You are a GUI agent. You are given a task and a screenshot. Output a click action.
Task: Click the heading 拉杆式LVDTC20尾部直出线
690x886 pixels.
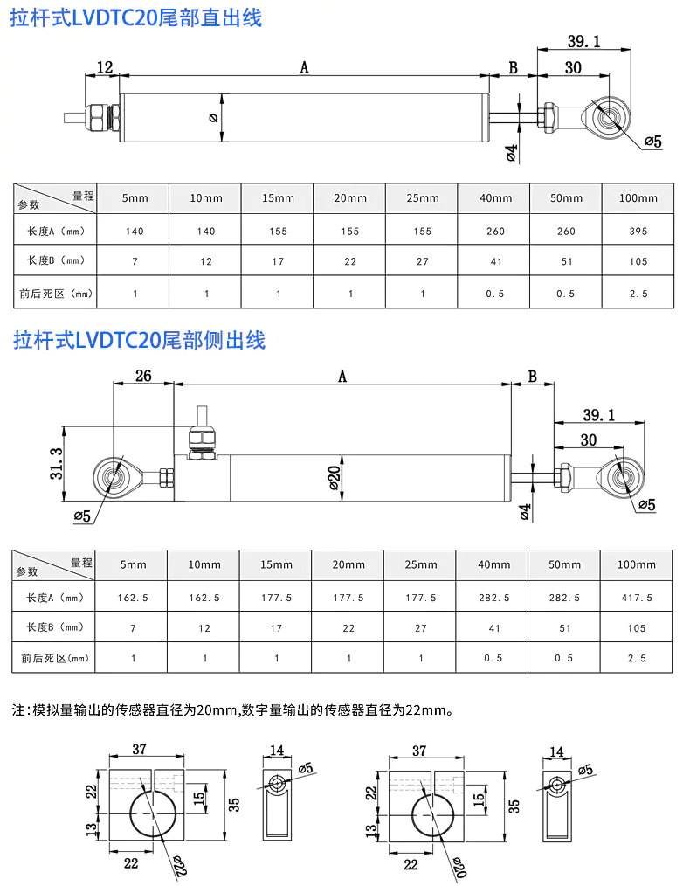click(x=136, y=18)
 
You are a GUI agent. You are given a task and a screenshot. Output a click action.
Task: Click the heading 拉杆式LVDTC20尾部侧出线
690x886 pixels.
click(x=139, y=340)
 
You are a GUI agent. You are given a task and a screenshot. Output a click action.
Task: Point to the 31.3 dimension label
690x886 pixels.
click(x=56, y=464)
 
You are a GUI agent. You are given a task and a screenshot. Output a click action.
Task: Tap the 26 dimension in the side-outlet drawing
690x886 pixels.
click(x=143, y=376)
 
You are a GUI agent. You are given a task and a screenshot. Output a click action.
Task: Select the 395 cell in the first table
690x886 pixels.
click(x=638, y=231)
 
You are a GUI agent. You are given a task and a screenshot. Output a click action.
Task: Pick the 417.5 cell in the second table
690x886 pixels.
click(x=637, y=598)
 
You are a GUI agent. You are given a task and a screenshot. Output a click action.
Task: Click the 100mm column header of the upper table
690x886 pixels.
click(x=638, y=198)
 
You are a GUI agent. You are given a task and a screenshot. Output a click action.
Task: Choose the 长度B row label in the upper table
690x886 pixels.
click(x=55, y=260)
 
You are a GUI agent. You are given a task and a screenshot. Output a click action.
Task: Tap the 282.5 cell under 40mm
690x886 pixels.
click(x=493, y=598)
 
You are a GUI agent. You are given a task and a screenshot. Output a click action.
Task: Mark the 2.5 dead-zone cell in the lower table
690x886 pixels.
click(x=637, y=658)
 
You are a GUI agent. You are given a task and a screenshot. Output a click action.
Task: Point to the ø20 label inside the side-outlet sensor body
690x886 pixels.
click(x=335, y=477)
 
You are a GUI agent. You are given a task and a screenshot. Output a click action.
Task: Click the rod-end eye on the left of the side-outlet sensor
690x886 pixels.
click(x=114, y=477)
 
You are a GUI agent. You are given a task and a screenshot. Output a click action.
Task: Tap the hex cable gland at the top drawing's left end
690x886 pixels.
click(x=101, y=118)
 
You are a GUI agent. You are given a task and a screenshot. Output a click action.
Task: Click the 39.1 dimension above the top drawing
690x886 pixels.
click(x=583, y=41)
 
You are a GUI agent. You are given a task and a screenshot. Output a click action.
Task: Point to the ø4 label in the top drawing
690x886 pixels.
click(x=511, y=153)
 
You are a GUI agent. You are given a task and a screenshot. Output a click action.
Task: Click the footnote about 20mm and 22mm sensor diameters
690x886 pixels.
click(x=232, y=709)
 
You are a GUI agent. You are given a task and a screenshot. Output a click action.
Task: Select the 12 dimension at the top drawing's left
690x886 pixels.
click(x=105, y=67)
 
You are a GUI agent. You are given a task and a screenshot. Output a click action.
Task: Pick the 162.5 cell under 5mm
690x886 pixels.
click(x=133, y=598)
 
